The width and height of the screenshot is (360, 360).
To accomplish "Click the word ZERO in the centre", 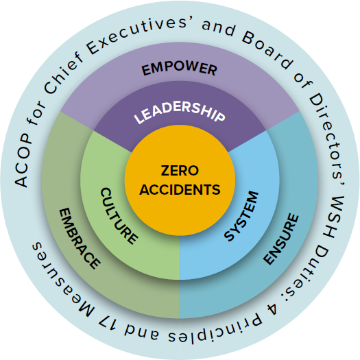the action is click(x=180, y=171).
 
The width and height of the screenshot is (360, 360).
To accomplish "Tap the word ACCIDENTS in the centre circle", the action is click(x=180, y=190).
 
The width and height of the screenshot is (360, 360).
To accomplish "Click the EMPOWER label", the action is click(x=179, y=69).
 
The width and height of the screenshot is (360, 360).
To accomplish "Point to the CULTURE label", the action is click(x=119, y=216).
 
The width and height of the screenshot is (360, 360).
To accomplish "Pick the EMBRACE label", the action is click(x=80, y=239).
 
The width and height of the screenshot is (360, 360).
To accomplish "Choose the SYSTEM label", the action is click(x=241, y=216).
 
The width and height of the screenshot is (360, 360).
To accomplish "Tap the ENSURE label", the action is click(x=281, y=239).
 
